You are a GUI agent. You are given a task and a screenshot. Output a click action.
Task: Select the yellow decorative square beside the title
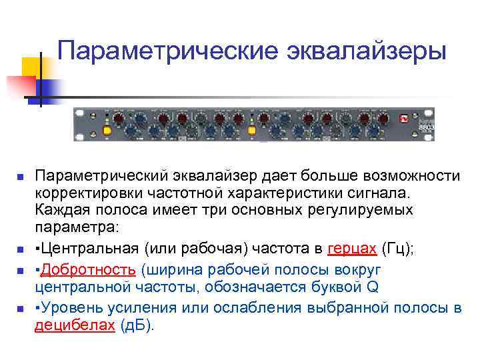pyautogui.click(x=33, y=67)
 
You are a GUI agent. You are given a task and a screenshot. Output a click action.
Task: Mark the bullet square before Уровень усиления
pyautogui.click(x=21, y=309)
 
